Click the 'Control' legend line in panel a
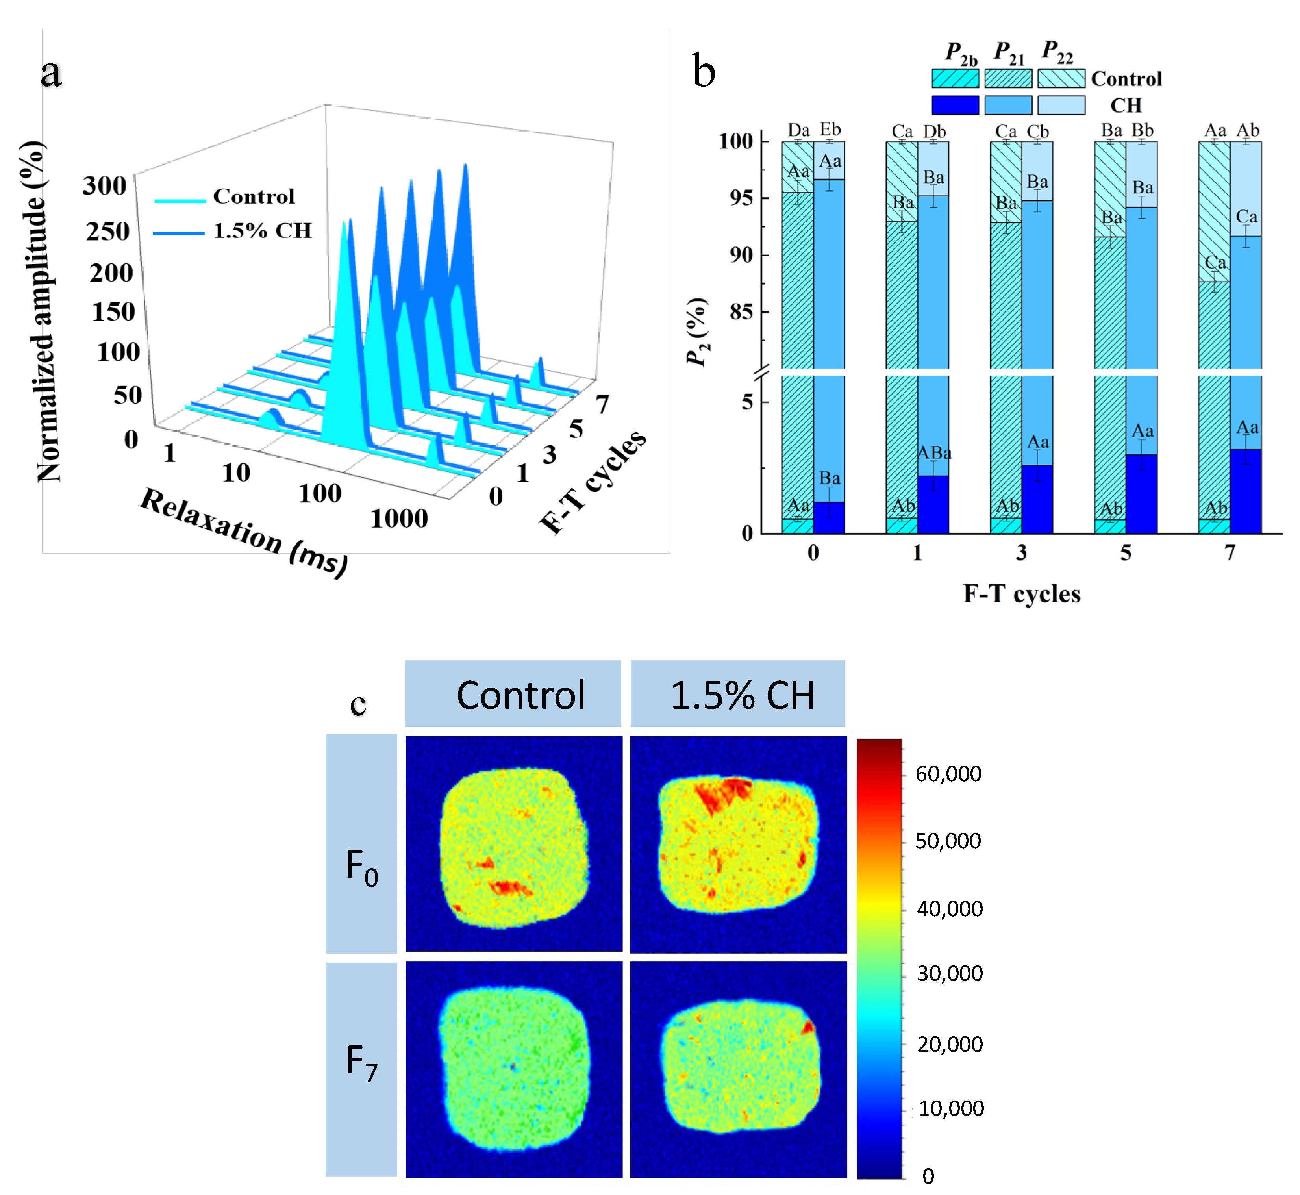[180, 200]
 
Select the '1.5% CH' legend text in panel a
[263, 231]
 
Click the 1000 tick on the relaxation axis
[399, 519]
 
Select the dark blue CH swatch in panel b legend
[955, 105]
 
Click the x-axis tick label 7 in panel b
[1230, 553]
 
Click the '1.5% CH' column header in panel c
[742, 695]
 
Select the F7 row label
[361, 1062]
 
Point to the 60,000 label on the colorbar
[948, 774]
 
